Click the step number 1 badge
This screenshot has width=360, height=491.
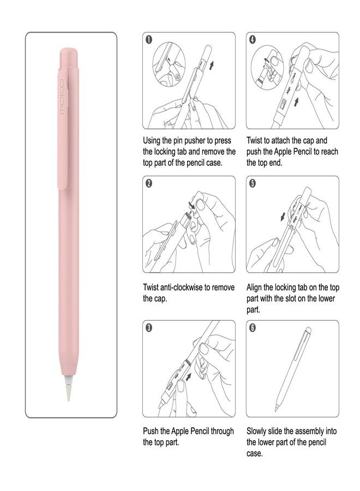click(148, 39)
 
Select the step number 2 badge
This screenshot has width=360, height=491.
click(148, 183)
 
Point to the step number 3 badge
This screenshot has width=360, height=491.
click(148, 327)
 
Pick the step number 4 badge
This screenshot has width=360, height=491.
click(252, 39)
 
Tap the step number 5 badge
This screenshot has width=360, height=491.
click(252, 183)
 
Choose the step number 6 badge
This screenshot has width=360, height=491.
click(252, 327)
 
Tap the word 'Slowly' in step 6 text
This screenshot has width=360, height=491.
click(259, 431)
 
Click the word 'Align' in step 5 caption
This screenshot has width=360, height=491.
click(255, 287)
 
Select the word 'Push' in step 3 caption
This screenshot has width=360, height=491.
click(151, 431)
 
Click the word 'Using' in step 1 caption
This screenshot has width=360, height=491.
click(152, 140)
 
